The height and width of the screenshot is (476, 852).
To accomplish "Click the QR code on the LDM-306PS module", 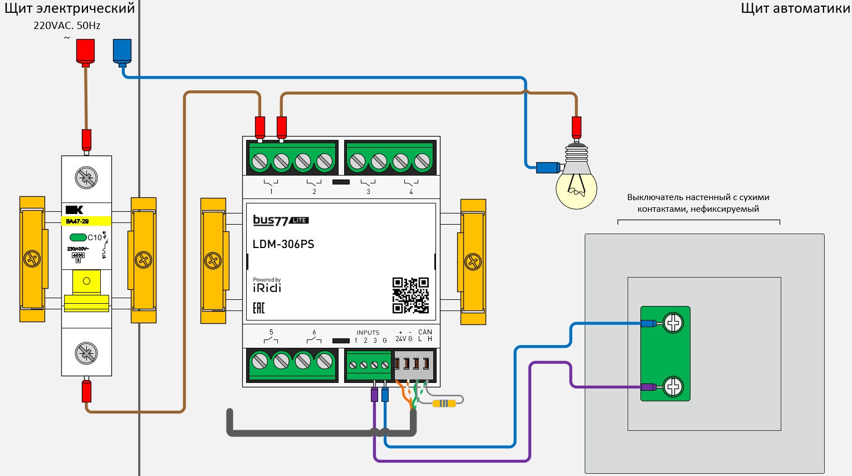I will (410, 295).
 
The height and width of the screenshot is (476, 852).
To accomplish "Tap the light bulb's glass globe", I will (576, 190).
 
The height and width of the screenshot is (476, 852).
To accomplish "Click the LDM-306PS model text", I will (283, 244).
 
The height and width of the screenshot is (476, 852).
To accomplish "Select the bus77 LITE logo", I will (281, 220).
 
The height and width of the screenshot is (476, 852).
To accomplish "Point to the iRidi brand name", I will (267, 288).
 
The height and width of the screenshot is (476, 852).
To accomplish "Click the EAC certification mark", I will (259, 308).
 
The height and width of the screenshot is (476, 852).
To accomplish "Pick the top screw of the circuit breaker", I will (86, 178).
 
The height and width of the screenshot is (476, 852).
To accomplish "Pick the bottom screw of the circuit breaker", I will (86, 353).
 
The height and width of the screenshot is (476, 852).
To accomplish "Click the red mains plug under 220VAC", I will (85, 50).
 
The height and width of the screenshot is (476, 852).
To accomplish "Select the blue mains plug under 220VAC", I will (122, 50).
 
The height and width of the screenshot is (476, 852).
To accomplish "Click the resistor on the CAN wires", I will (444, 403).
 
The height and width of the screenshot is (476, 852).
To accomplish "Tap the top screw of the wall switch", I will (673, 323).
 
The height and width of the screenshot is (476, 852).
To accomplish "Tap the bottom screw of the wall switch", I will (673, 386).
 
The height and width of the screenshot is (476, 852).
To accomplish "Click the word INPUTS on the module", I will (368, 333).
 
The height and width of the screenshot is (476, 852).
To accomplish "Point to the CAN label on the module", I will (425, 332).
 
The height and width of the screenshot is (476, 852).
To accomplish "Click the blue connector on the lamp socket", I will (548, 167).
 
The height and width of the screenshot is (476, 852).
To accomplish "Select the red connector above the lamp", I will (576, 127).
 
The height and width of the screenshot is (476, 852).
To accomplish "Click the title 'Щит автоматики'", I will (795, 8).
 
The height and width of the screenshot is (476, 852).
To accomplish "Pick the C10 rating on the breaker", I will (95, 237).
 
